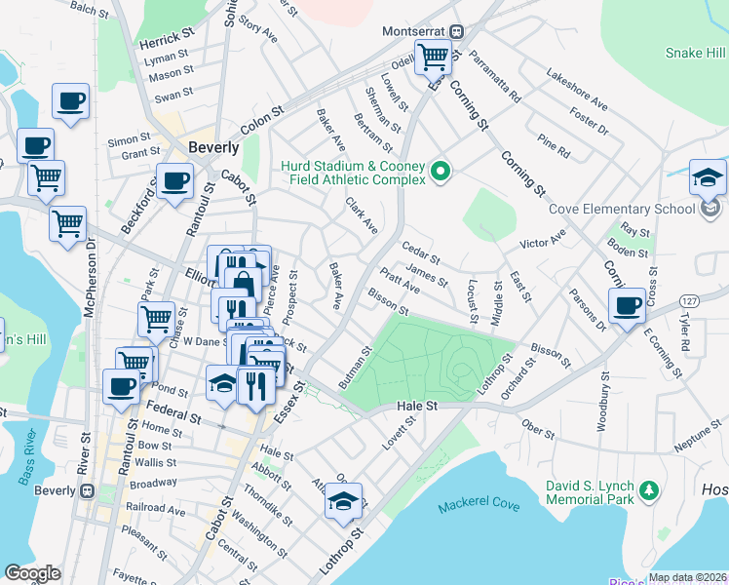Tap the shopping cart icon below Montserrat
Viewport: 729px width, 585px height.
(432, 57)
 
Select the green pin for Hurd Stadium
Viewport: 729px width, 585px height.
(441, 173)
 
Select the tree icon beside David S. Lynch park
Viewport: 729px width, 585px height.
(645, 489)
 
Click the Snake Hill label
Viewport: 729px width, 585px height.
(696, 53)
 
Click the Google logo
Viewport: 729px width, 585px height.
(32, 573)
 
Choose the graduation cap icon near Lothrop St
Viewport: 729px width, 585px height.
(342, 502)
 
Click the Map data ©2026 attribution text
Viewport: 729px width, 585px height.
(687, 577)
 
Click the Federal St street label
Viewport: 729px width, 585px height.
(173, 411)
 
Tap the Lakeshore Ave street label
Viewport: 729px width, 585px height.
(577, 89)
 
